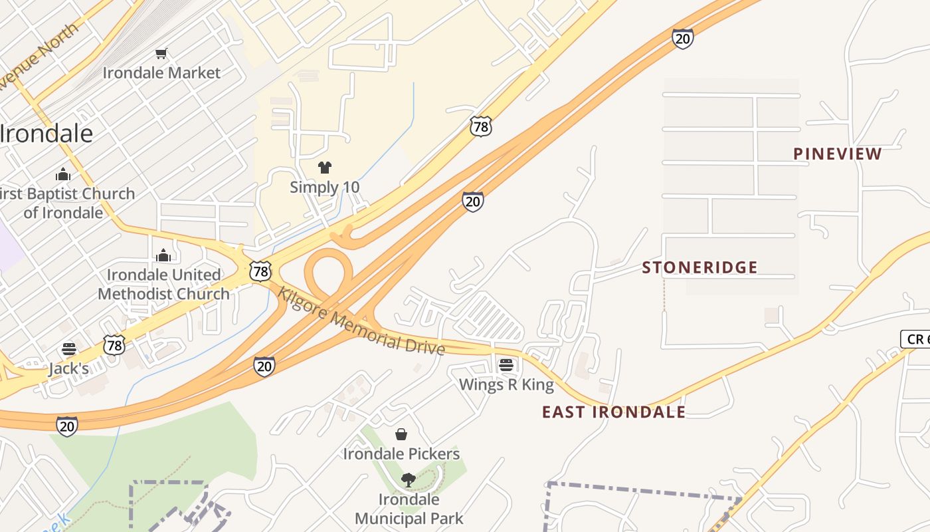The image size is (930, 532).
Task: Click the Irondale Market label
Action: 161,72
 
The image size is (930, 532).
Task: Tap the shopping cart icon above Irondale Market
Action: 161,53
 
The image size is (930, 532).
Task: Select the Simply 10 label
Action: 324,187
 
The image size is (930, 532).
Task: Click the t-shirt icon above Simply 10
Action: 324,167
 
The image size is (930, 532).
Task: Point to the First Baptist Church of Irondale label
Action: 66,203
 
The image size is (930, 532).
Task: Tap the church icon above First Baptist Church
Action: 63,174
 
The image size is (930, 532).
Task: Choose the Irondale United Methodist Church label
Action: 163,284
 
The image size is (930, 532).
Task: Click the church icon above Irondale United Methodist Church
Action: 163,255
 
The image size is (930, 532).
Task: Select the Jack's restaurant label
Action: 68,368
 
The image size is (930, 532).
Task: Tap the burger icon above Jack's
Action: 69,348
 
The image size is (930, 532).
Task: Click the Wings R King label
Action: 506,384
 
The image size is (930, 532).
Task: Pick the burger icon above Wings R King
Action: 506,364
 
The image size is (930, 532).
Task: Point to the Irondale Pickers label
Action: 401,454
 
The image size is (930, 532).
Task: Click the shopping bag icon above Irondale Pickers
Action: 401,434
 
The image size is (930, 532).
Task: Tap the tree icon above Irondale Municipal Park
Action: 408,479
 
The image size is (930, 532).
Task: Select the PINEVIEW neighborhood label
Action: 838,154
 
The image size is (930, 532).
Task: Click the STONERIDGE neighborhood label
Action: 699,267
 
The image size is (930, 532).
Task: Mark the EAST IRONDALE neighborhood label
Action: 614,412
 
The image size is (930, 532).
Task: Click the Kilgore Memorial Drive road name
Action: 361,321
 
